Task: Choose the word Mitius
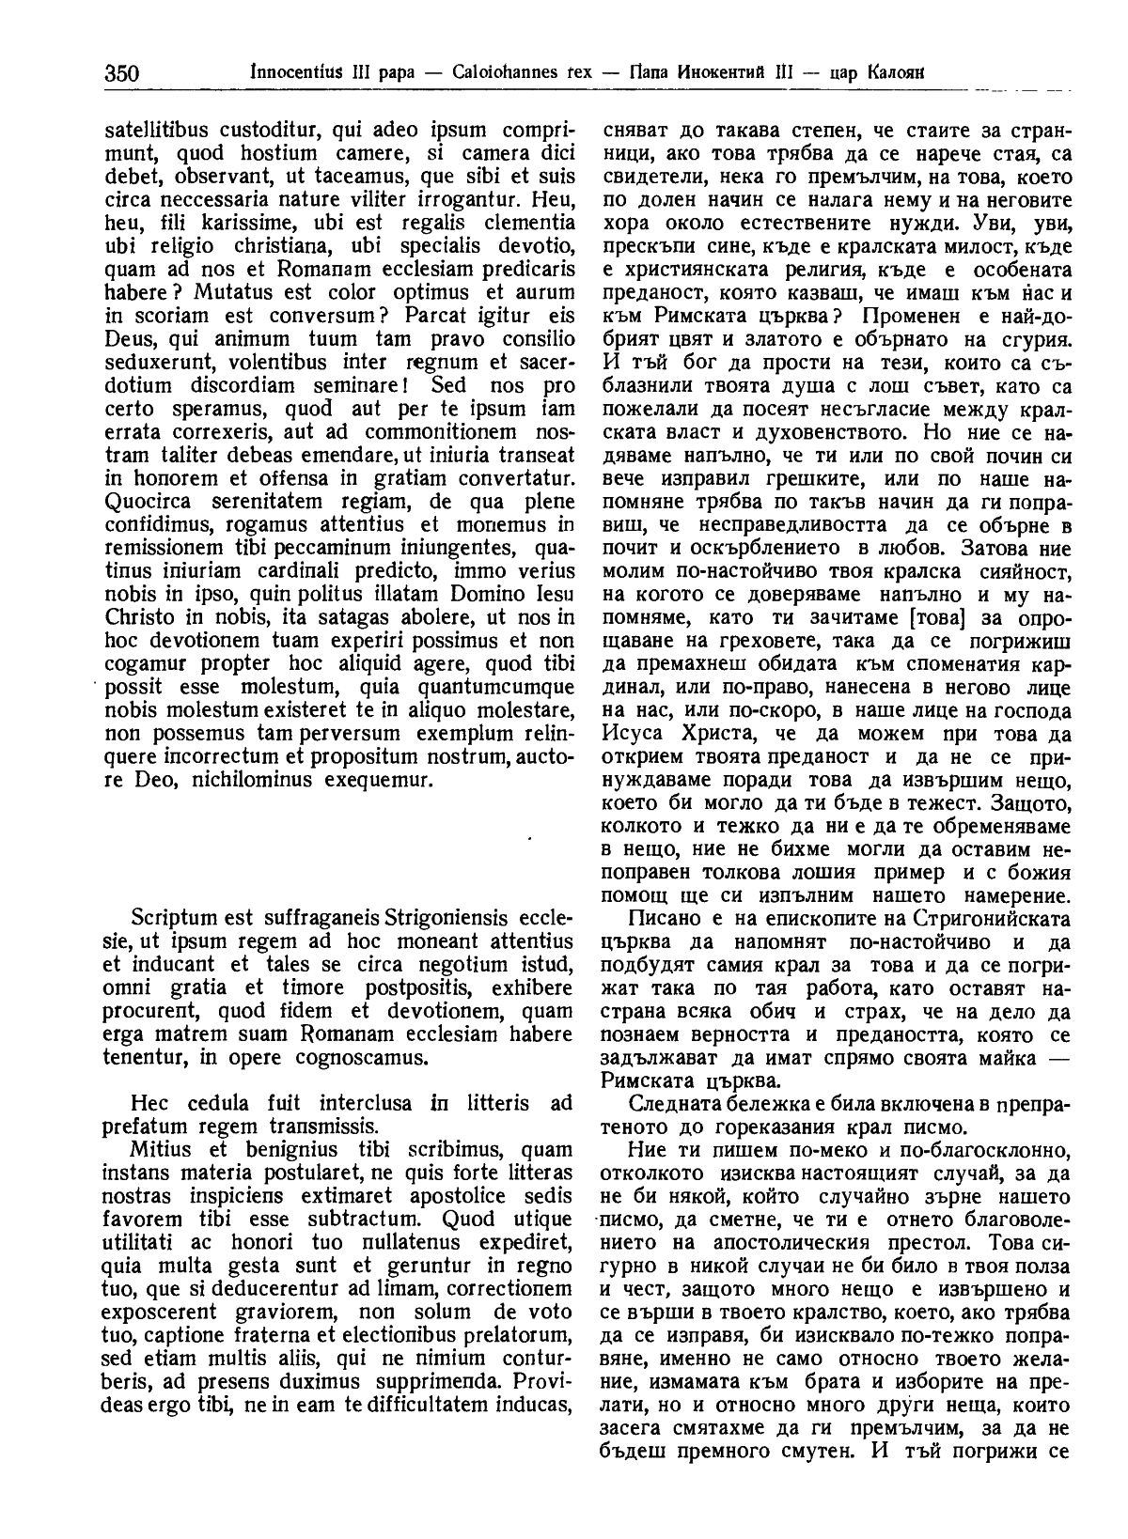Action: click(160, 1149)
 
